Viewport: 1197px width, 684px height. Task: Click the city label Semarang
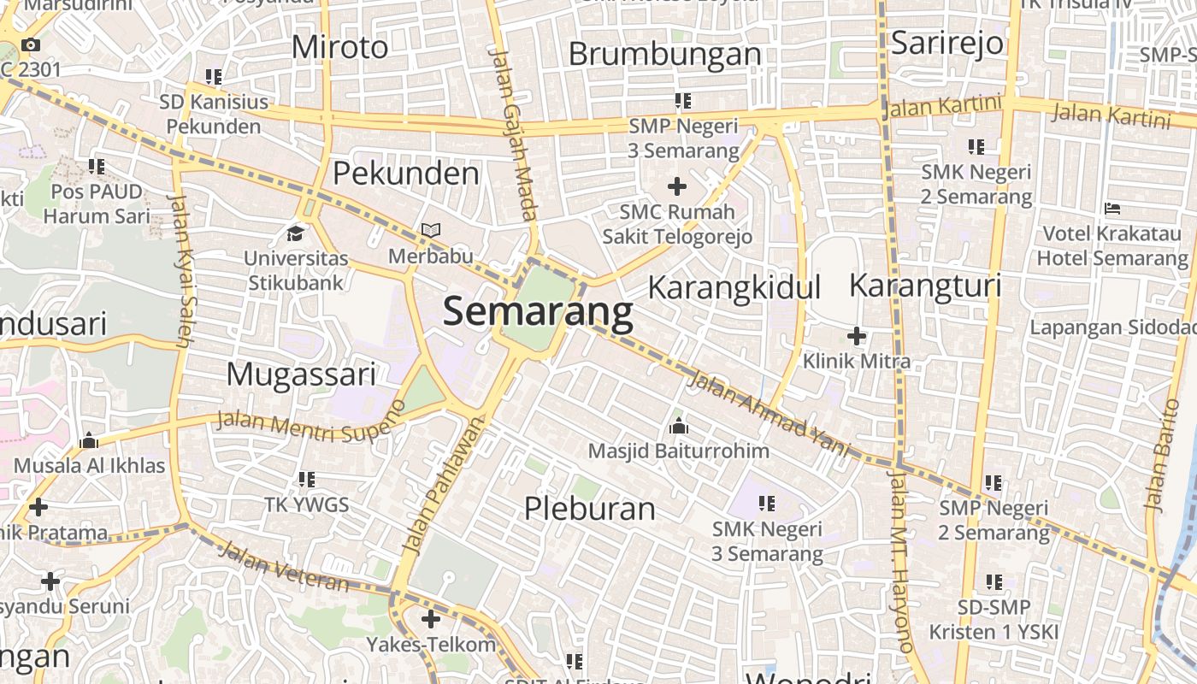[x=538, y=312]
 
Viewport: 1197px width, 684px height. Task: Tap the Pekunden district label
[x=405, y=174]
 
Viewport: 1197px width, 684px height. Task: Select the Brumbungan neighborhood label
[x=664, y=54]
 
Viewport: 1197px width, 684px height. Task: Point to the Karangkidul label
[x=734, y=287]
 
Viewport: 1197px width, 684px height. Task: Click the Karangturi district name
[x=924, y=286]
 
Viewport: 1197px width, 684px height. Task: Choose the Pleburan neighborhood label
[x=589, y=509]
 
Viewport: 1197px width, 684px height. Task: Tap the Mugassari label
[x=301, y=374]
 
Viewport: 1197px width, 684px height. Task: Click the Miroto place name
[x=339, y=47]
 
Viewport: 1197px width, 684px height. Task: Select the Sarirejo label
[x=946, y=43]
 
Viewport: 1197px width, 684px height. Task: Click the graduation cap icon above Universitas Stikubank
[x=296, y=233]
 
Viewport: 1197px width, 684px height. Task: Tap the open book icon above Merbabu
[x=431, y=231]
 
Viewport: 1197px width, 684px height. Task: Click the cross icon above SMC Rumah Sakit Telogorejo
[x=677, y=186]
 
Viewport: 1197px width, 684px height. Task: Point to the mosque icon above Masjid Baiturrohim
[x=678, y=425]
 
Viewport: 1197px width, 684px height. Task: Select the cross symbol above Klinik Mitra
[x=856, y=336]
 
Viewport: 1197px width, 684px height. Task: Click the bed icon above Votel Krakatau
[x=1111, y=208]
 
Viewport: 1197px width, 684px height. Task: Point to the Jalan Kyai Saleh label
[x=182, y=269]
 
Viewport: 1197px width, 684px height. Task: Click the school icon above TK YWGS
[x=306, y=480]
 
